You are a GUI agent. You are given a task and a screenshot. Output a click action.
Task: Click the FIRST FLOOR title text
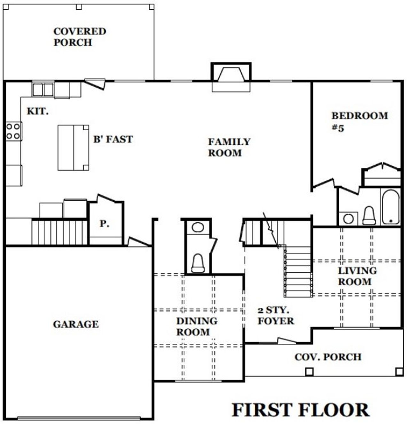[300, 410]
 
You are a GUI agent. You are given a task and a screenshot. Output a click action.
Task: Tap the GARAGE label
[76, 324]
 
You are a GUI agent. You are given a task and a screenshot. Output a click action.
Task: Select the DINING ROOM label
[197, 326]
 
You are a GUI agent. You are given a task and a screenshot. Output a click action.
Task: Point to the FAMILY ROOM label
[229, 147]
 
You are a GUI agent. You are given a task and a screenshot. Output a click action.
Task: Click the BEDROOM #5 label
[359, 121]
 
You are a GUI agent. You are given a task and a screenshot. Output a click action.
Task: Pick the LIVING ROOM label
[357, 276]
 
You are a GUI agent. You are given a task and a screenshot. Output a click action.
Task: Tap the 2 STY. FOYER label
[275, 316]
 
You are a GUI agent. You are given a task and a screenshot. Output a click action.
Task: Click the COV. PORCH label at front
[328, 357]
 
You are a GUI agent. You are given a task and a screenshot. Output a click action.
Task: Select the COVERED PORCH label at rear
[79, 37]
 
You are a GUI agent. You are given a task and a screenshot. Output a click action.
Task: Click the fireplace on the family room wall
[231, 76]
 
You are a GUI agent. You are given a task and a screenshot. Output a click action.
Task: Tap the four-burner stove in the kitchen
[13, 131]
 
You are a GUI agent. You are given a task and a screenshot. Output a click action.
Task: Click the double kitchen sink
[43, 90]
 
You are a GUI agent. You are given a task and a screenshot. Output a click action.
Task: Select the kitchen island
[73, 148]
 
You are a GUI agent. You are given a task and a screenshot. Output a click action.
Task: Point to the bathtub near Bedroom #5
[390, 206]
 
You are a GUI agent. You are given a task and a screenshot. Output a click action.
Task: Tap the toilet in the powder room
[198, 263]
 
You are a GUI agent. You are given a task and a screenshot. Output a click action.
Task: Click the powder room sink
[198, 228]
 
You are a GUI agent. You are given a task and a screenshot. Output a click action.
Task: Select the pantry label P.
[104, 224]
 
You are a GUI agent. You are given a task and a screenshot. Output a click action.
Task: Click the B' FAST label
[113, 139]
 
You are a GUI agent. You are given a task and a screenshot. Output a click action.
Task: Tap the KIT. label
[37, 111]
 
